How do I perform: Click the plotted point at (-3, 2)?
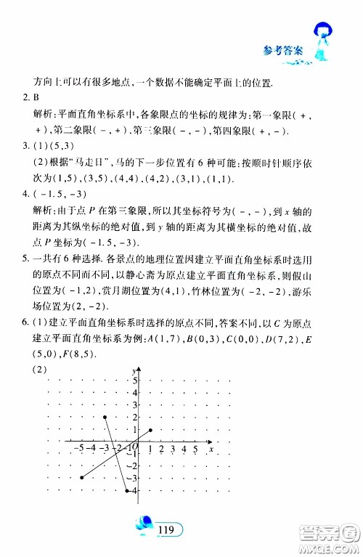tap(106, 417)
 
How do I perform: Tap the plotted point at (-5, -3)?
tap(81, 478)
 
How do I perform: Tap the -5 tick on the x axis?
tap(78, 449)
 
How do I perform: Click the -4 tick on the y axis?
tap(133, 492)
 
